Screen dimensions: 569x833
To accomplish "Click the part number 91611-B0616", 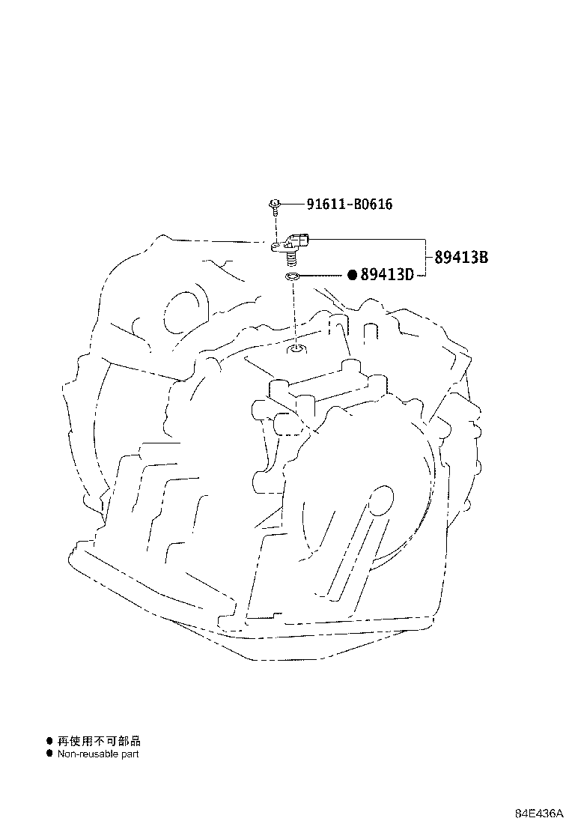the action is [349, 204].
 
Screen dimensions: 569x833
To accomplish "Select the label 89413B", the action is [461, 258].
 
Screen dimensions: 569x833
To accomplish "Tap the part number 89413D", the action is [386, 275].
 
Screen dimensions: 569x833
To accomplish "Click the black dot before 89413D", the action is [353, 275].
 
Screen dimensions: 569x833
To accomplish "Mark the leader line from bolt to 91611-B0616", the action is [293, 204].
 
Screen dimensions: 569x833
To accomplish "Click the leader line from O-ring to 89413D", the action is [323, 275].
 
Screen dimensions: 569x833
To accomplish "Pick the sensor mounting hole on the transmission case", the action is [296, 349].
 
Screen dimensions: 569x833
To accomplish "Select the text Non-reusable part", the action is [97, 754].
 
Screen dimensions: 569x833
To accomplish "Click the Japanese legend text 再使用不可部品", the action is [99, 741].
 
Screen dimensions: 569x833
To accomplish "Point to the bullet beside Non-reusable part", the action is [49, 754].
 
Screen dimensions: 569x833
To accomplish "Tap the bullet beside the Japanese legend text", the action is [49, 741].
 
